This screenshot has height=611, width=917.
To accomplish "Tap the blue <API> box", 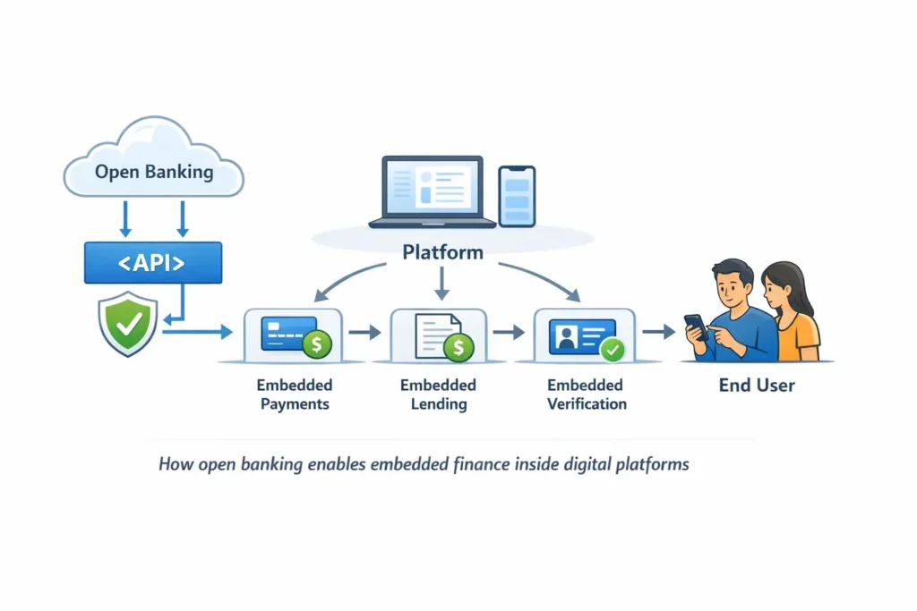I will point(153,263).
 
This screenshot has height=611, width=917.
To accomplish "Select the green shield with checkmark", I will point(127,323).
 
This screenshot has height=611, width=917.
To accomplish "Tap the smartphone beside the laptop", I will point(517,196).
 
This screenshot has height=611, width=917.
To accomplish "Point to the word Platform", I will point(442,252).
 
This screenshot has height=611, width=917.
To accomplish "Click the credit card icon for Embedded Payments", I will point(288,334).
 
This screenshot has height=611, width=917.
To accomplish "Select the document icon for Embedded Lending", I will point(436,335).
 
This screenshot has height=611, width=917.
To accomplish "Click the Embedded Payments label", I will point(294,395).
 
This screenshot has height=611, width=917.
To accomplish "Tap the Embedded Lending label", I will point(438,395).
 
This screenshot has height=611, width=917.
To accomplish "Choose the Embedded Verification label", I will point(587,395).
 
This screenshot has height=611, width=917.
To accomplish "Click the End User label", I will point(757,386).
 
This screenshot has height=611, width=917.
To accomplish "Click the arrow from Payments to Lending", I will point(364,333).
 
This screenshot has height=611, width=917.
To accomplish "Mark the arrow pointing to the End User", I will point(658,332).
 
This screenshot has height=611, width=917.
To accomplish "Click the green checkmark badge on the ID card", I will point(613,350).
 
